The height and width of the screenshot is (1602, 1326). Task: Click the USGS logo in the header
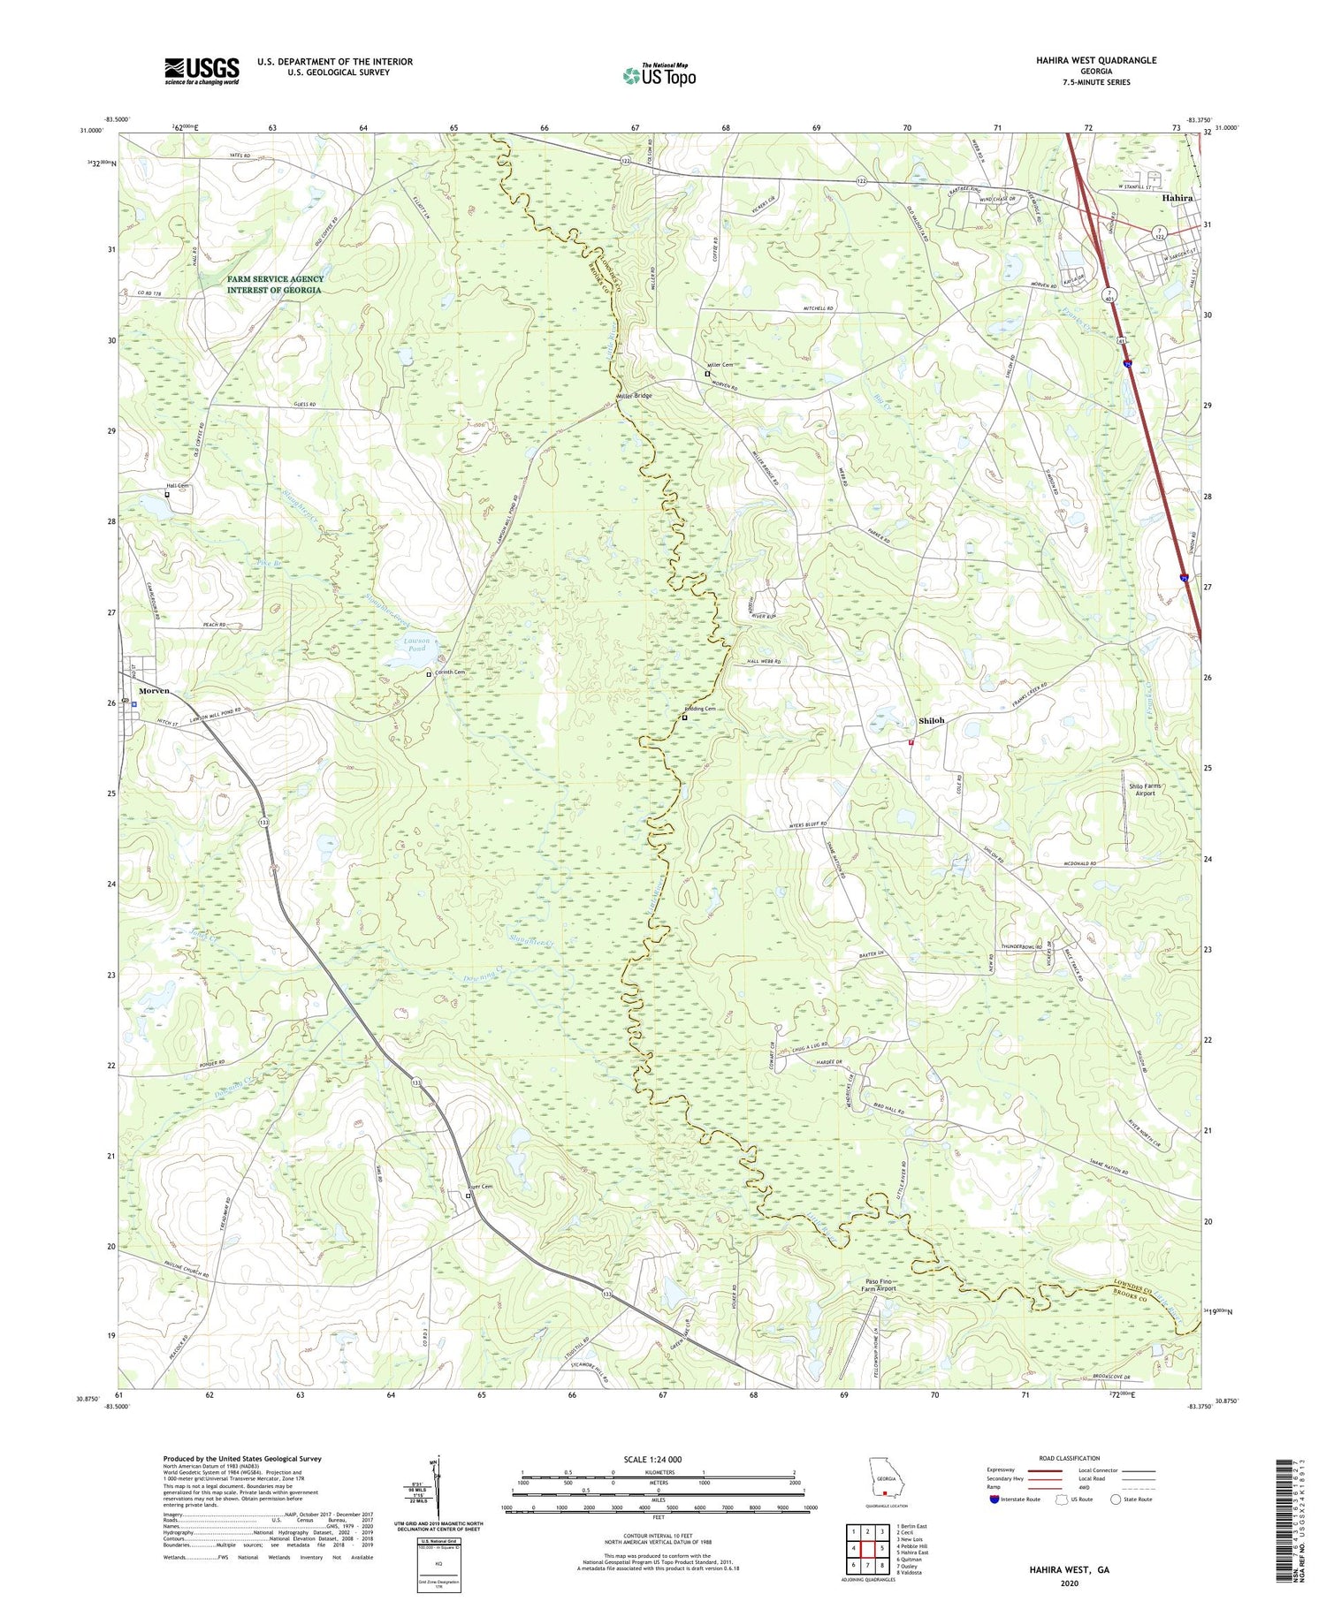[x=202, y=71]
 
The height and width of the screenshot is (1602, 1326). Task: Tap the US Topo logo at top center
[x=659, y=75]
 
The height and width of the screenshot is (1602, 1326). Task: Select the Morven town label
[x=154, y=690]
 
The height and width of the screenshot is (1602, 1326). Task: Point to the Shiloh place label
[x=931, y=720]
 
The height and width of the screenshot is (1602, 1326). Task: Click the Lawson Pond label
[x=415, y=644]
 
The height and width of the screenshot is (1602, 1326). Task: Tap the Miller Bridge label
[x=635, y=396]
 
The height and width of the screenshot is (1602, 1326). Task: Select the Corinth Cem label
[x=448, y=672]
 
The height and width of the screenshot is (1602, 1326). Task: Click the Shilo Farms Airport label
[x=1146, y=789]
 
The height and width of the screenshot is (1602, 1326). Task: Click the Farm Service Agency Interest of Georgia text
[x=275, y=285]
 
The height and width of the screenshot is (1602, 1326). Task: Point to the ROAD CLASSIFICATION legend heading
[x=1070, y=1458]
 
